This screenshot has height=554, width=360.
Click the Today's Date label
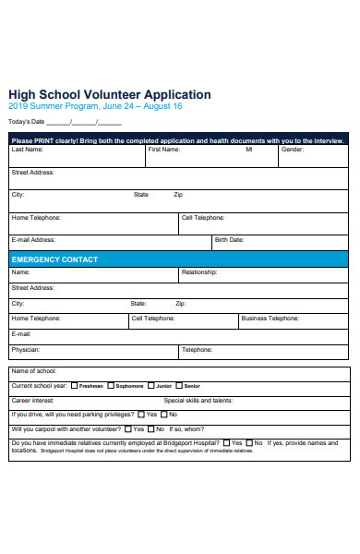click(26, 121)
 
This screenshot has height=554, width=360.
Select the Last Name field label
click(27, 149)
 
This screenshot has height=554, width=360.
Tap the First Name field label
click(163, 149)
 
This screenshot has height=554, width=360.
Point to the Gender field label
click(293, 149)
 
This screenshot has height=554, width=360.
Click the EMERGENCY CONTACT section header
click(55, 259)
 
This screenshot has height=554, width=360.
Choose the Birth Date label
click(229, 239)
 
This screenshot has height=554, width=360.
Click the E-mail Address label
click(32, 239)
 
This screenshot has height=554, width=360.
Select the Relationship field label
click(199, 272)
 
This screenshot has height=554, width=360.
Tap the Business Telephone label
click(270, 318)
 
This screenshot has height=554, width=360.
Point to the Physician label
click(25, 350)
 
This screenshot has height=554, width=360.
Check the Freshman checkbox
click(75, 385)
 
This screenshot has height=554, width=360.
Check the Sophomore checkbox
click(111, 385)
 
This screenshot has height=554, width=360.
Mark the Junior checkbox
click(150, 385)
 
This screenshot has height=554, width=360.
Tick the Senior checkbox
click(180, 385)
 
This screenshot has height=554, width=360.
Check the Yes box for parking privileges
click(140, 415)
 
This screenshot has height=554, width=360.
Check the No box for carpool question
click(161, 429)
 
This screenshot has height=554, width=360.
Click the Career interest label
click(32, 400)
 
